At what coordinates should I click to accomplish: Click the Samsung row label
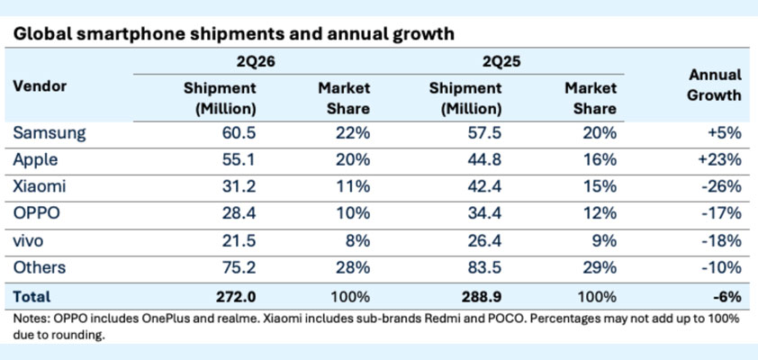click(50, 133)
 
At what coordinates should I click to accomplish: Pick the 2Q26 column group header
click(251, 61)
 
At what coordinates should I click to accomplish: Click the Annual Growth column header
click(715, 85)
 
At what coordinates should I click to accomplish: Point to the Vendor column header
click(40, 86)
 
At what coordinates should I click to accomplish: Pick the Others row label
click(39, 267)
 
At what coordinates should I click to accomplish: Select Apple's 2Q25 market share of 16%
click(600, 160)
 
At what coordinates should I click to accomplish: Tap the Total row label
click(32, 297)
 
